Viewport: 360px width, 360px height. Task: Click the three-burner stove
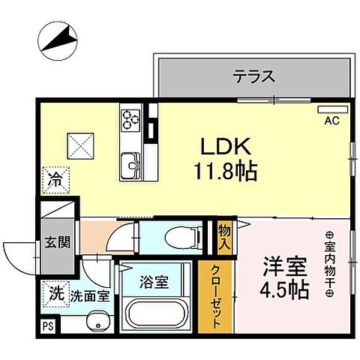coord(131,118)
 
